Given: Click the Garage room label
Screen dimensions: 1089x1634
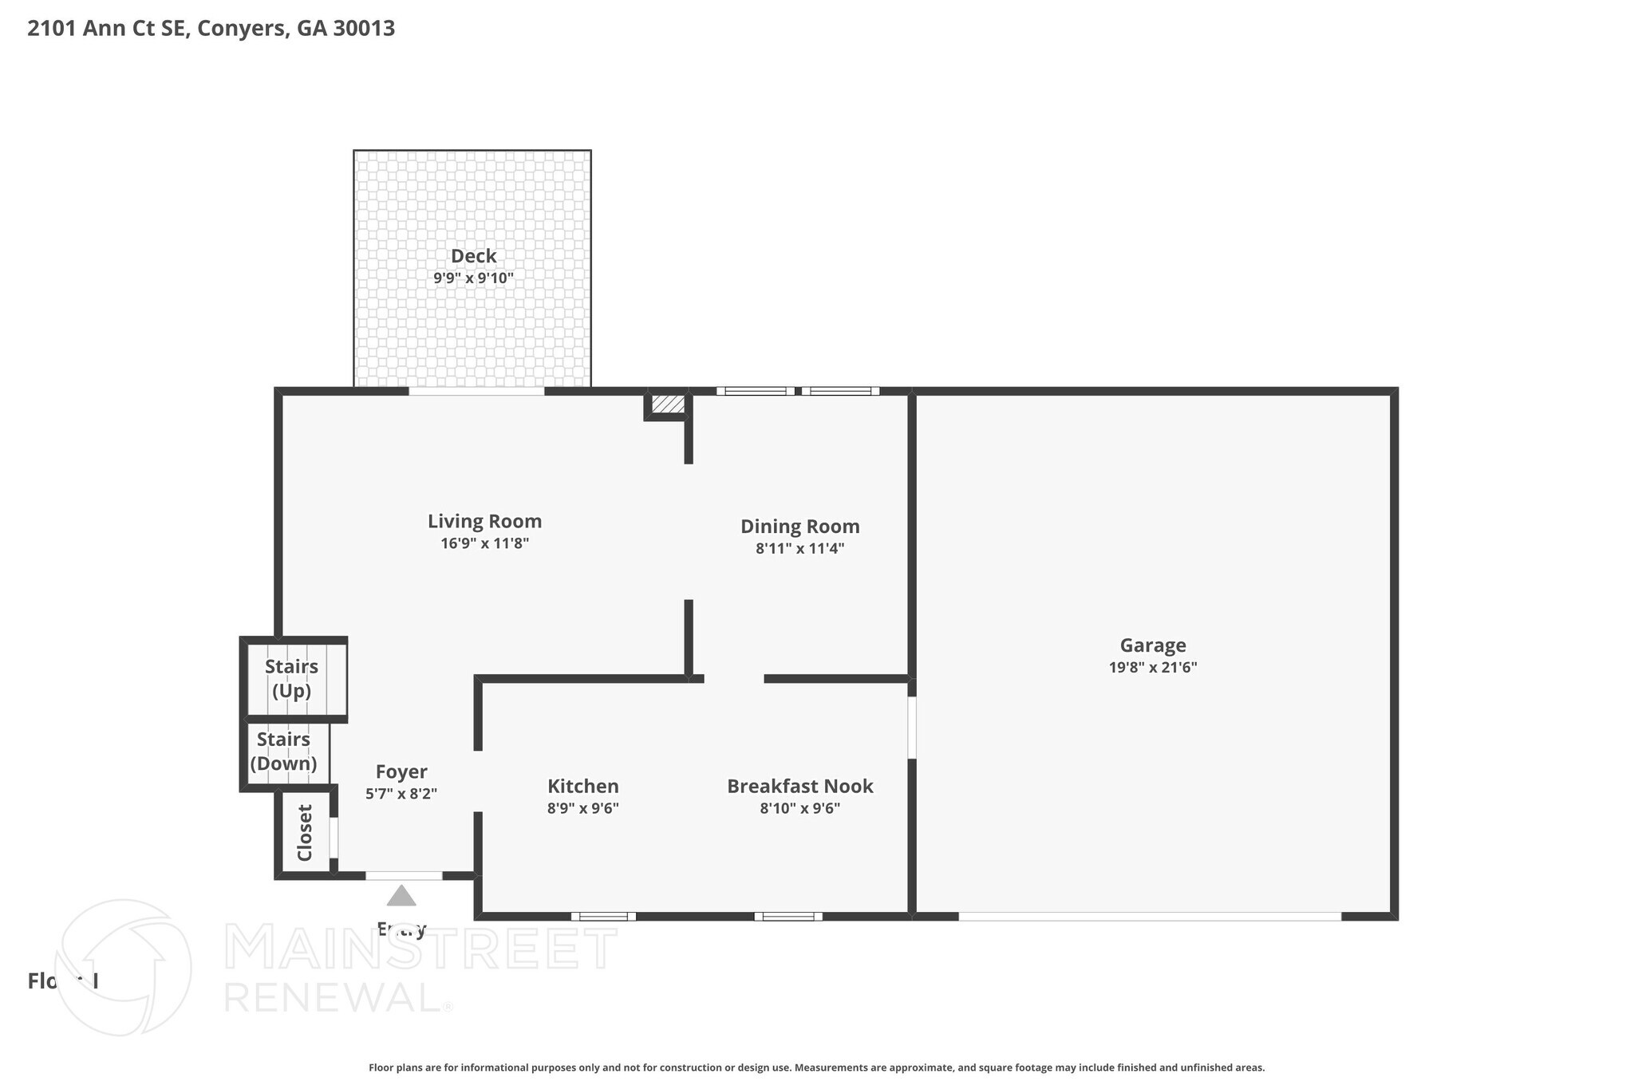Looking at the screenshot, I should (x=1152, y=645).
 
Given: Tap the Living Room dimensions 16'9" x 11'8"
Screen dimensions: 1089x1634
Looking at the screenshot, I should (x=484, y=543).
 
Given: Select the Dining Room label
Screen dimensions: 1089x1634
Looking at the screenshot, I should (x=799, y=527).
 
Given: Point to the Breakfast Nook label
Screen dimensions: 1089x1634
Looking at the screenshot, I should (x=799, y=786).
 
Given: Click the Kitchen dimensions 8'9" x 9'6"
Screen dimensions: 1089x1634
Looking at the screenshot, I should (x=582, y=808).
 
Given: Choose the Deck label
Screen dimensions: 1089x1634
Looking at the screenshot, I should (x=473, y=256).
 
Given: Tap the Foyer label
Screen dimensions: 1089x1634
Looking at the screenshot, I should (x=401, y=771).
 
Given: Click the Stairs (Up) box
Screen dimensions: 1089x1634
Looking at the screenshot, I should (x=292, y=678).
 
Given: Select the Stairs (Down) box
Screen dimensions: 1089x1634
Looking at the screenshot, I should (x=284, y=752).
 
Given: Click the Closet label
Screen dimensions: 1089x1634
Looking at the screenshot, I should (x=305, y=833).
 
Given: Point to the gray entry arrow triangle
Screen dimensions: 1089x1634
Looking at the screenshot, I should (x=401, y=897).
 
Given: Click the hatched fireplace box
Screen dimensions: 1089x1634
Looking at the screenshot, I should (x=667, y=404).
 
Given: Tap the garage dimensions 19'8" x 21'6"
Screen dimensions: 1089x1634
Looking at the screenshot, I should (x=1152, y=668).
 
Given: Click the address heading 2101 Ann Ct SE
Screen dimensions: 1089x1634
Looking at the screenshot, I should (x=211, y=29).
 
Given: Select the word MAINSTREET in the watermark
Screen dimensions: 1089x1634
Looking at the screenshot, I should (x=420, y=947).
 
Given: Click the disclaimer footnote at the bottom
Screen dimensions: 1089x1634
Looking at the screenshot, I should (x=816, y=1067).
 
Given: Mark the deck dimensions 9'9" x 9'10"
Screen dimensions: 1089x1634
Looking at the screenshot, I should (x=473, y=278).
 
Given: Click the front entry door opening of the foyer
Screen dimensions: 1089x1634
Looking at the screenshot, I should (x=404, y=876).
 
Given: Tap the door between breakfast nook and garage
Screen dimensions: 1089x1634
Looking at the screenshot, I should (x=912, y=728).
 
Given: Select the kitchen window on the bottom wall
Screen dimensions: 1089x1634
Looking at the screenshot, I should (x=603, y=916).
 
